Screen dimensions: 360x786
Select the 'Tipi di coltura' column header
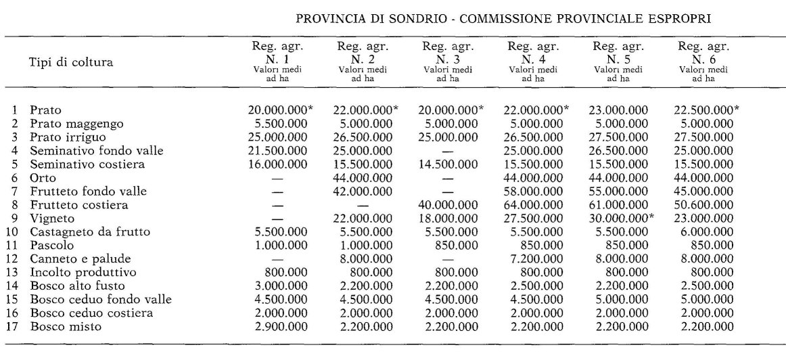coord(70,63)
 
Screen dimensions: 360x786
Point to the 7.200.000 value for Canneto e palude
coord(534,259)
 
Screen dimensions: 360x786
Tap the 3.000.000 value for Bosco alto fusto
coord(279,286)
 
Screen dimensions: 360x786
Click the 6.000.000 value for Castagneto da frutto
coord(705,232)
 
